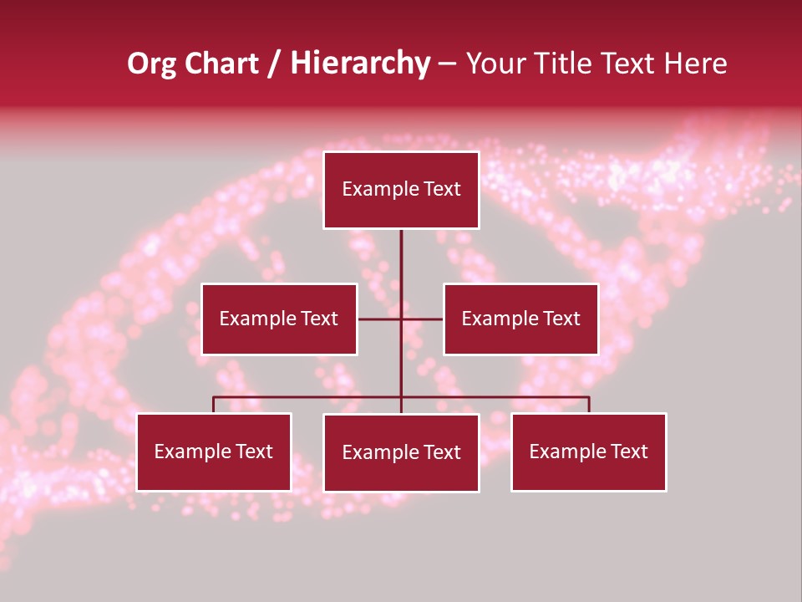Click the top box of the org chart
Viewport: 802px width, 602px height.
pyautogui.click(x=401, y=190)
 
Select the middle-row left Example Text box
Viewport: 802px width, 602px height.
pyautogui.click(x=279, y=319)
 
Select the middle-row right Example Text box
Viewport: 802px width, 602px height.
pyautogui.click(x=520, y=319)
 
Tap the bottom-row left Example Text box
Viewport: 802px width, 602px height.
pyautogui.click(x=214, y=451)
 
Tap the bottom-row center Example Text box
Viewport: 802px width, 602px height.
pyautogui.click(x=401, y=452)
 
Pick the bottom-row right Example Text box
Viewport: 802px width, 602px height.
pyautogui.click(x=588, y=451)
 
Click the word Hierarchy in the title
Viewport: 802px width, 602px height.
pyautogui.click(x=360, y=64)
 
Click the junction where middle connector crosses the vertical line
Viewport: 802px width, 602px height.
pyautogui.click(x=401, y=319)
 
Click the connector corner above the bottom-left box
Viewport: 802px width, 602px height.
pyautogui.click(x=214, y=397)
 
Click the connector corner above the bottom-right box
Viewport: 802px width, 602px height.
pyautogui.click(x=589, y=397)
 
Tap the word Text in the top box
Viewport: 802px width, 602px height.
pyautogui.click(x=441, y=189)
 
